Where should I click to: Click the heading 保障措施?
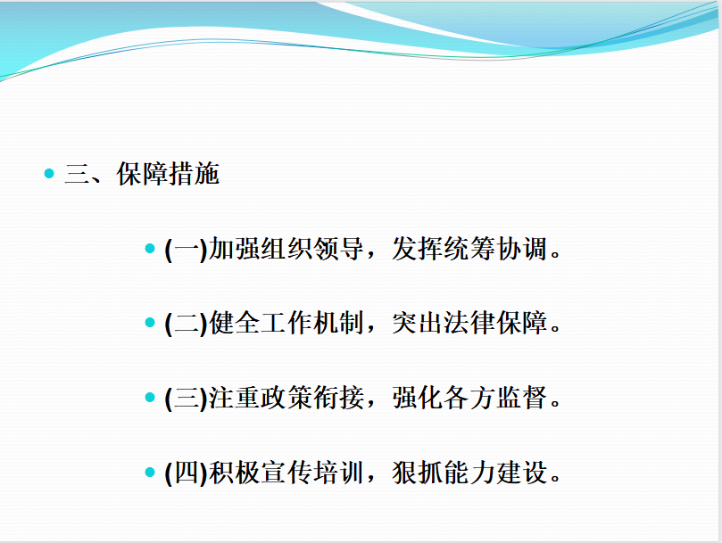click(168, 174)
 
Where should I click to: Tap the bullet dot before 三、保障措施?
click(49, 174)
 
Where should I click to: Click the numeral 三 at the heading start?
click(77, 174)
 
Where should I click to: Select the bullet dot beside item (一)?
click(150, 249)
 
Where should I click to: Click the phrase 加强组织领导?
click(286, 249)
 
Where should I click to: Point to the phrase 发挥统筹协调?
click(469, 249)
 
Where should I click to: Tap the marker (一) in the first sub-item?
click(186, 250)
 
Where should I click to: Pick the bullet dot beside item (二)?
click(150, 323)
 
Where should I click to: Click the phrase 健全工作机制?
click(286, 323)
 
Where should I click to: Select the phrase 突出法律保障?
click(469, 323)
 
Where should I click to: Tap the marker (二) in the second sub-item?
click(186, 324)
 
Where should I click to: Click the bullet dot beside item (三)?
click(150, 397)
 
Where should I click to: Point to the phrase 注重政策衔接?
click(286, 398)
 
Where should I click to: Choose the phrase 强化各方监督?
click(469, 398)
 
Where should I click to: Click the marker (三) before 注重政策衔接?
click(186, 399)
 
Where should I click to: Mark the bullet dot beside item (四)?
click(150, 472)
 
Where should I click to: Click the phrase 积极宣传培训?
click(286, 473)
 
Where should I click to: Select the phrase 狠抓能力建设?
click(469, 473)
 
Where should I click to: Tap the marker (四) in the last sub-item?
click(186, 473)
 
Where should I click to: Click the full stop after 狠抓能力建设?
click(555, 480)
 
